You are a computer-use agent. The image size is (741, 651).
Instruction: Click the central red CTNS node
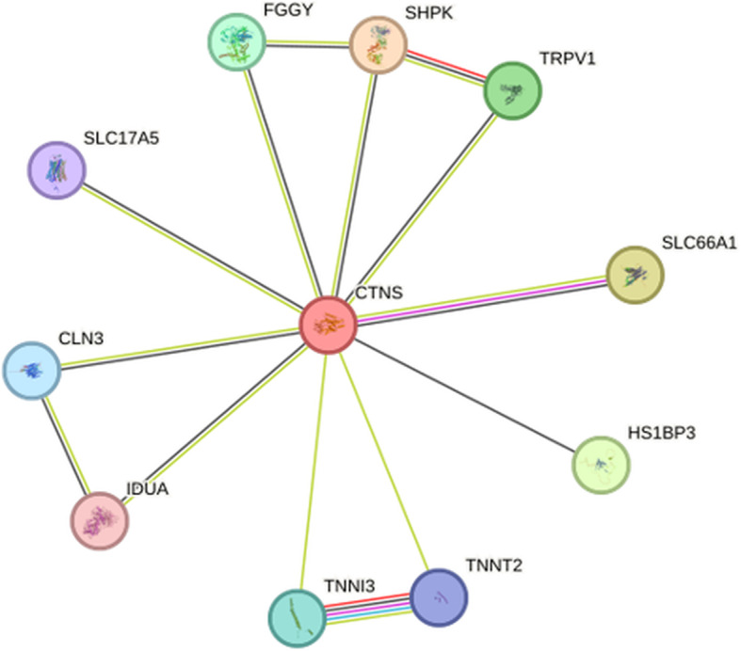coord(327,325)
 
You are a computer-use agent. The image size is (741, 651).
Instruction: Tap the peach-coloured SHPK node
coord(379,44)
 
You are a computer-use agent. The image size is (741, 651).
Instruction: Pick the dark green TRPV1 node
coord(512,90)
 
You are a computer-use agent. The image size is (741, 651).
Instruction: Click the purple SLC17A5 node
coord(56,170)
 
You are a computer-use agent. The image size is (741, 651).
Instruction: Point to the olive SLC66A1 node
coord(635,275)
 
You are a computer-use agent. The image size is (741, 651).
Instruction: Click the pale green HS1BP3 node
coord(601,465)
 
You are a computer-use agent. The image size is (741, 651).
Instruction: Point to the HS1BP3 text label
coord(661,434)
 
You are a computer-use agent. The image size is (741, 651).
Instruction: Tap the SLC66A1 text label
coord(699,244)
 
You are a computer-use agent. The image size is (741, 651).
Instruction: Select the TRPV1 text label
coord(568,58)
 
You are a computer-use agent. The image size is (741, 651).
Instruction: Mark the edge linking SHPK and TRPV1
coord(445,67)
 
